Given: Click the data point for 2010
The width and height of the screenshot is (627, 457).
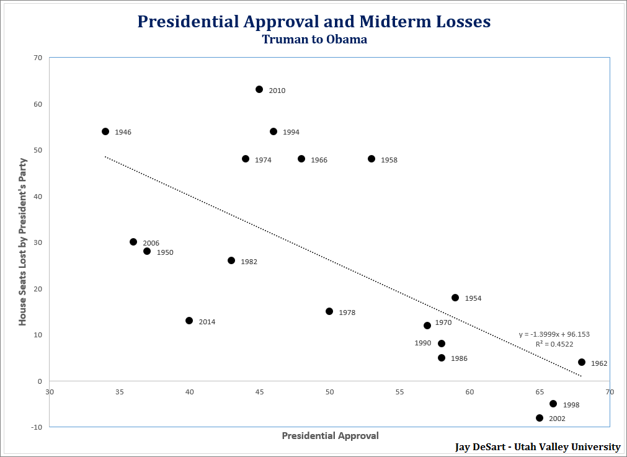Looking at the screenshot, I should pos(259,89).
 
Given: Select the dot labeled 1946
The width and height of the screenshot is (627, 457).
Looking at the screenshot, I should pos(105,131).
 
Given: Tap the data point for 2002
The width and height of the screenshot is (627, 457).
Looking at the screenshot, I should pos(540,418).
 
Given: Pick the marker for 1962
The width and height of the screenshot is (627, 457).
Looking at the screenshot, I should pos(582,362).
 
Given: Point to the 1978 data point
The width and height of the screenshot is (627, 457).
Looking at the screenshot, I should pos(329,311).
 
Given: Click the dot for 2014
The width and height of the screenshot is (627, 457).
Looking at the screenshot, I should pos(189,321).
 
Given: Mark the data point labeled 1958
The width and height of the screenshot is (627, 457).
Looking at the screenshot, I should pos(371,159).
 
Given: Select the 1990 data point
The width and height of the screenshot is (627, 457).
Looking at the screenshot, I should pos(442,344).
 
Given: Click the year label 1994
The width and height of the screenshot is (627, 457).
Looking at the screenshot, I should pos(291,132).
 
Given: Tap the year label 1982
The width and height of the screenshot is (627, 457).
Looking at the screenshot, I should pos(249,262).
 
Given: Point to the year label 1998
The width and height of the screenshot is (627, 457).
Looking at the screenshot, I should pos(571,405).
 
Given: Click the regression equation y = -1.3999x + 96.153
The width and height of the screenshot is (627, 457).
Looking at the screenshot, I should pos(554,334).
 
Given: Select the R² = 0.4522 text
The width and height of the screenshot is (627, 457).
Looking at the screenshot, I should pos(554,344).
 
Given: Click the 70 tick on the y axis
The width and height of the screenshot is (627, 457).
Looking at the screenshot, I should pos(38,58).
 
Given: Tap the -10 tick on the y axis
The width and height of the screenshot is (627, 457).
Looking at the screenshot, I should pos(37,427).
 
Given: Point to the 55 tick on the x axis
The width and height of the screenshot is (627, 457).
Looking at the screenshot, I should pos(399,392).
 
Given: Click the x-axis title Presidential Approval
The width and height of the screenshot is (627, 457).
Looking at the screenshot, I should pos(330,436).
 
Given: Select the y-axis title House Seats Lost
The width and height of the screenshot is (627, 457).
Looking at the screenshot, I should pos(22,242).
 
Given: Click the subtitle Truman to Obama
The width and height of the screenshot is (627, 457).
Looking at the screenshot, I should pos(314,40).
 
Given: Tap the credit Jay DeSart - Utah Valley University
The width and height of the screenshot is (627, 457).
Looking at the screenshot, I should pos(538,447).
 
